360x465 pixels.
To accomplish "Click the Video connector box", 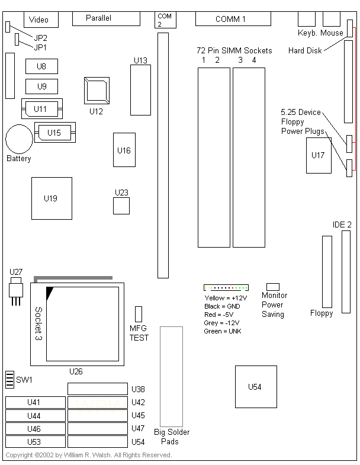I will (x=39, y=20).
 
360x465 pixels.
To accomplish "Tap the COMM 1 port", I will (x=231, y=19).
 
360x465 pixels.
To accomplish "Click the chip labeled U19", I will (x=52, y=198).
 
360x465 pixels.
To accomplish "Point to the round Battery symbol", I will (x=19, y=139).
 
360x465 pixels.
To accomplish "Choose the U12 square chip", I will (x=97, y=90).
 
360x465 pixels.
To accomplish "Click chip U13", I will (x=140, y=89).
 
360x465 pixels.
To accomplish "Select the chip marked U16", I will (x=124, y=150).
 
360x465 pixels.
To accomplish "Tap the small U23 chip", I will (x=121, y=206).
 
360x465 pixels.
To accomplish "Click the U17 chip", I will (x=319, y=155).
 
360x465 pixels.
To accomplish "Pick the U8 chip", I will (x=41, y=66).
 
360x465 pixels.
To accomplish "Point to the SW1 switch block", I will (x=9, y=379).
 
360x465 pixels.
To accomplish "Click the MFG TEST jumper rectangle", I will (x=139, y=314).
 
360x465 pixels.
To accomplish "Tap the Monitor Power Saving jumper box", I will (x=273, y=286).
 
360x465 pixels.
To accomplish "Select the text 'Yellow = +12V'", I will (x=226, y=298).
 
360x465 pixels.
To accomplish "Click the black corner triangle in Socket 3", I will (x=49, y=291).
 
